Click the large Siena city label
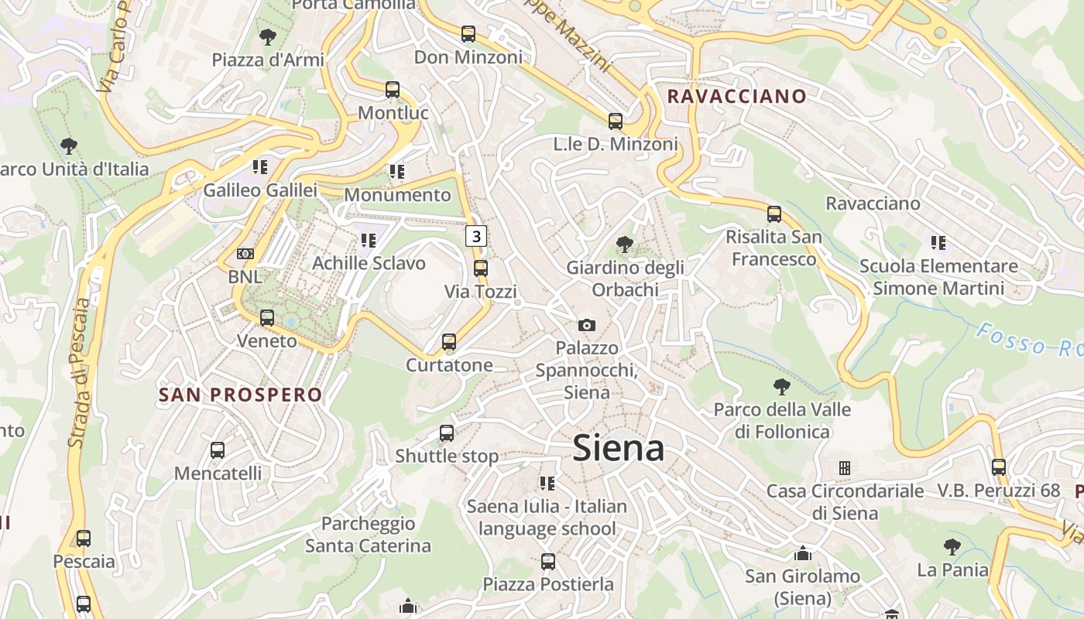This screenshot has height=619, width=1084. [618, 449]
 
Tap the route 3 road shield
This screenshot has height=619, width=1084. [476, 236]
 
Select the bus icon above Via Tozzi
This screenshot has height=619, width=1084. [481, 268]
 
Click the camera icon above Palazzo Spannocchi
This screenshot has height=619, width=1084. [587, 325]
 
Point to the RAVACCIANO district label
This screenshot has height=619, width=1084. [736, 97]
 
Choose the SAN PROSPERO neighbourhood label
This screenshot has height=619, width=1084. [240, 395]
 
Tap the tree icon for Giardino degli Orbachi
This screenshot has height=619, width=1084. [624, 245]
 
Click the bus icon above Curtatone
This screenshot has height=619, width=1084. [449, 342]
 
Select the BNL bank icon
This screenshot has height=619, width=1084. [245, 254]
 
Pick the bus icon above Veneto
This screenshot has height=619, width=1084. [267, 317]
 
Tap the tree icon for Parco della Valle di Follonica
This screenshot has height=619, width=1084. [782, 386]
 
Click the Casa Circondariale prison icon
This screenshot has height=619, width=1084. [845, 468]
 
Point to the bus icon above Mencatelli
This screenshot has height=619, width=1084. [218, 450]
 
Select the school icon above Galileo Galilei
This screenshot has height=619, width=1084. [260, 166]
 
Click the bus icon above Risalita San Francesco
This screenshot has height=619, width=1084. [774, 214]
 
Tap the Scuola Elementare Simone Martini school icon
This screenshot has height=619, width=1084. [938, 243]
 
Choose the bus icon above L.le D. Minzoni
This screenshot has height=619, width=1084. [616, 121]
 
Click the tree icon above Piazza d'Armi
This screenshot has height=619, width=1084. [267, 36]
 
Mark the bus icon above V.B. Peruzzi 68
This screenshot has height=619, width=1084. [999, 467]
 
